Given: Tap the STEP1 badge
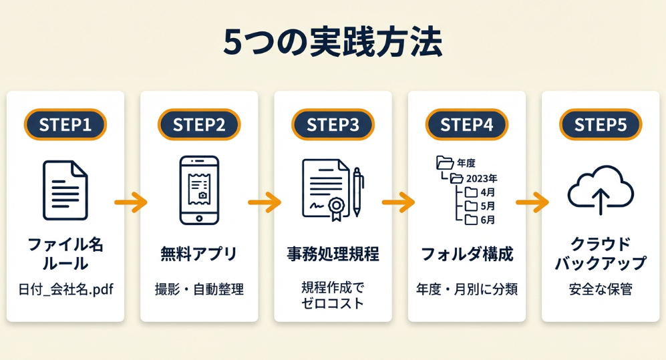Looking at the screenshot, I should (x=65, y=125).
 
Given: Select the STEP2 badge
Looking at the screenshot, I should (x=199, y=125).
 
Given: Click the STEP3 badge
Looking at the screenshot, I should (x=333, y=125).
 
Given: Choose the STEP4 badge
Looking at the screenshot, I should (x=466, y=125).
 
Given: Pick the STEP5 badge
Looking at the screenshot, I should (x=600, y=125).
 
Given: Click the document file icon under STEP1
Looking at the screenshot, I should (x=65, y=190).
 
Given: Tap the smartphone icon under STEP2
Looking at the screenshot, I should (x=199, y=190).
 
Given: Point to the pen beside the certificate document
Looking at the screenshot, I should (x=357, y=192).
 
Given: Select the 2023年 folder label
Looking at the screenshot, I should (x=482, y=178).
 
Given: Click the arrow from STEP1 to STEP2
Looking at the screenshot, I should (x=131, y=200).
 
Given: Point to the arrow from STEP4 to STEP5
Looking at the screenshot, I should (x=532, y=200).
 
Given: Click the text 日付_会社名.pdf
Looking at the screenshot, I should (x=65, y=290).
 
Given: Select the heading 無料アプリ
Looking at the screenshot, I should (x=199, y=254).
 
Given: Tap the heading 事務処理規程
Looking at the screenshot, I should (x=333, y=254).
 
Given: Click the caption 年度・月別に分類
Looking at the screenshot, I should (x=466, y=290).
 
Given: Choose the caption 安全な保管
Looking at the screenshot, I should (x=600, y=290).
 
